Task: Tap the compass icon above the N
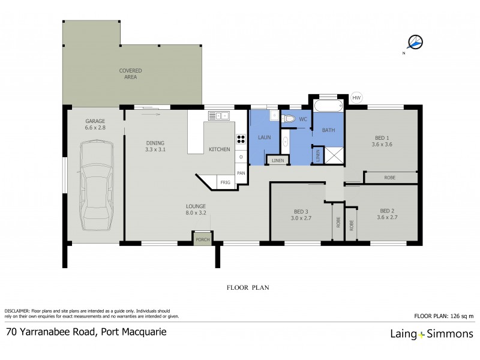pyautogui.click(x=415, y=42)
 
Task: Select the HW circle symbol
pyautogui.click(x=356, y=98)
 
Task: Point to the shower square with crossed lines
pyautogui.click(x=334, y=155)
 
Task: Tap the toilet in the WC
pyautogui.click(x=289, y=119)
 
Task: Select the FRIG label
pyautogui.click(x=226, y=182)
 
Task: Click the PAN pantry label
pyautogui.click(x=241, y=173)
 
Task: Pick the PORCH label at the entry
pyautogui.click(x=202, y=240)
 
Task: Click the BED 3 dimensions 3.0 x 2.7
pyautogui.click(x=301, y=218)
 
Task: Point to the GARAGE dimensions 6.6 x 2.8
pyautogui.click(x=95, y=128)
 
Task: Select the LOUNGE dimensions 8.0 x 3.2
pyautogui.click(x=196, y=212)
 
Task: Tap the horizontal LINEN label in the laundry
pyautogui.click(x=277, y=161)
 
